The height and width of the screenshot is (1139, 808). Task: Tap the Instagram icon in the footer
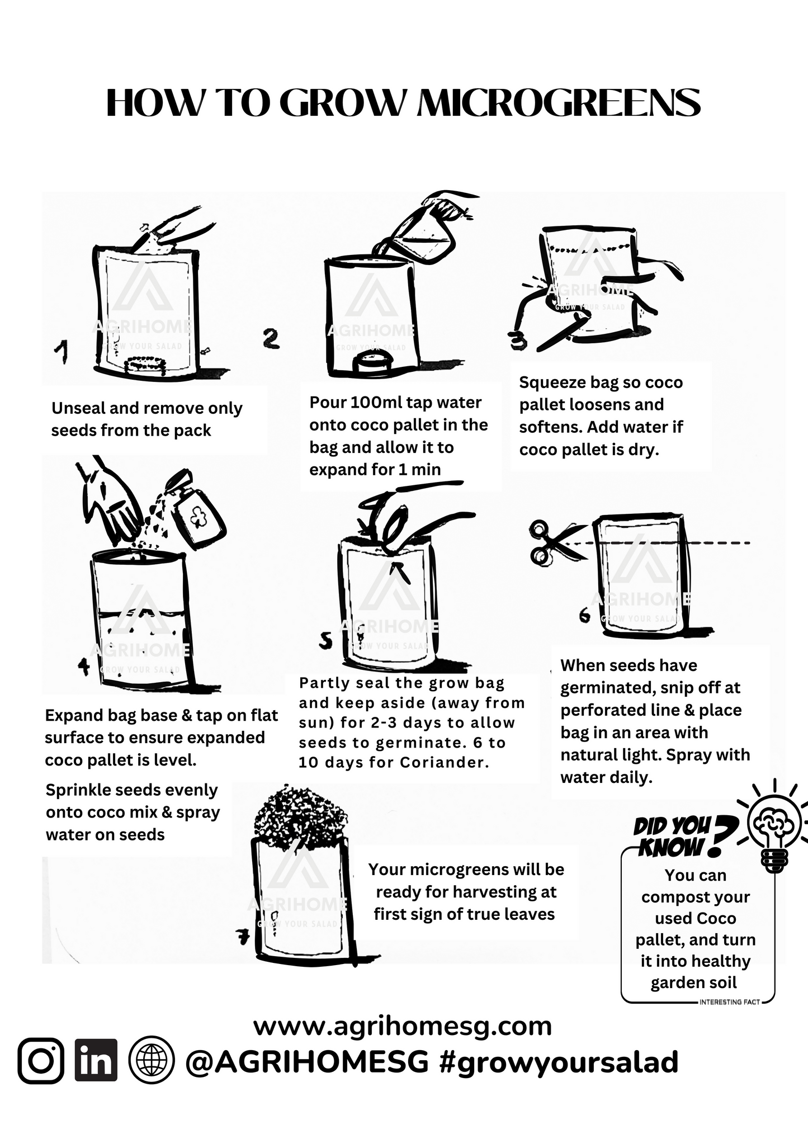click(40, 1061)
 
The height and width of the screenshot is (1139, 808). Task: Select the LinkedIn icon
click(96, 1061)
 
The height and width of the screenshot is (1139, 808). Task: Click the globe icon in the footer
click(152, 1061)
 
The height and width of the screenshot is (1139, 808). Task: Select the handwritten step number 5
click(326, 641)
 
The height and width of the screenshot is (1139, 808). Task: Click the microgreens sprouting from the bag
click(300, 812)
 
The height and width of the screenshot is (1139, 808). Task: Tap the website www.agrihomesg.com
click(403, 1026)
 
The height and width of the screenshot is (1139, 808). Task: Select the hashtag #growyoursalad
click(559, 1062)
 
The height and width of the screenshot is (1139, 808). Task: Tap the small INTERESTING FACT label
click(729, 1002)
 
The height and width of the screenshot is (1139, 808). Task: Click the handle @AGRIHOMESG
click(306, 1062)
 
